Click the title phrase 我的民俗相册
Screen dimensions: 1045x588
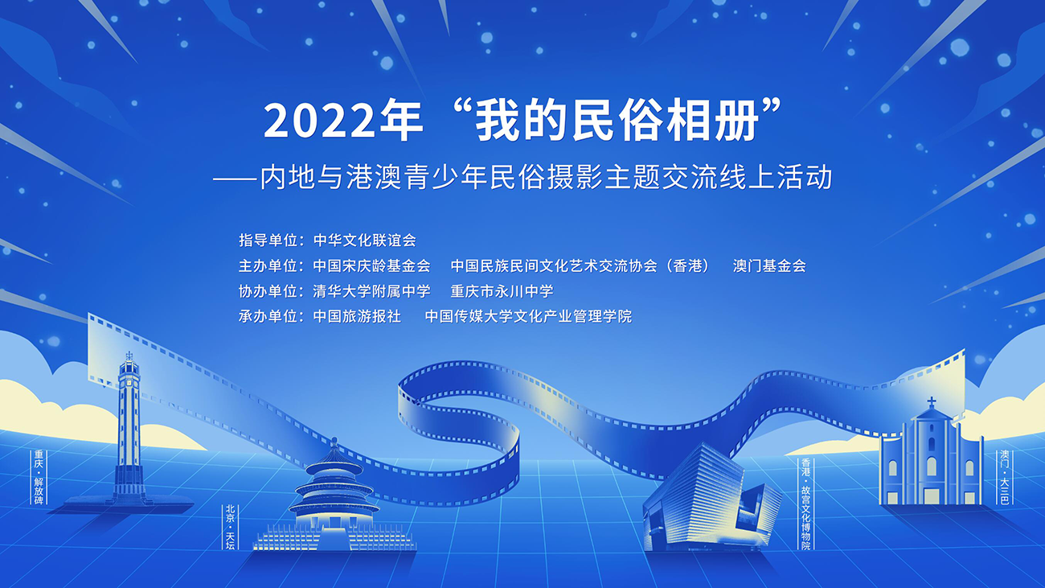[617, 121]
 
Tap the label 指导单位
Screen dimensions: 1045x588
[268, 241]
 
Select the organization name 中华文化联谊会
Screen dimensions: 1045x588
[364, 241]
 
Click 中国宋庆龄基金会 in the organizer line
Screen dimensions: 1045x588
[371, 266]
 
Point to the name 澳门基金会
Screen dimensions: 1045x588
[769, 266]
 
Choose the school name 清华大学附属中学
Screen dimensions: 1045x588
[371, 291]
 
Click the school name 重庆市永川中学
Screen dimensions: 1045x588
[502, 291]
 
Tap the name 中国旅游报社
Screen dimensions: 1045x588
[357, 316]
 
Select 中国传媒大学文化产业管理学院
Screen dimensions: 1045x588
[528, 316]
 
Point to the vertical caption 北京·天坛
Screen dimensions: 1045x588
[230, 526]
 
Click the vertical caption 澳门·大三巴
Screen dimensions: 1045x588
[1004, 477]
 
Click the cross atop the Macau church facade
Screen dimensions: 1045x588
[931, 402]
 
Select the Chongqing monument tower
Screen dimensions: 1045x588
[129, 430]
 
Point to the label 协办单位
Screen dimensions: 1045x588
[268, 291]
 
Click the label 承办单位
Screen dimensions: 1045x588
[268, 316]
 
